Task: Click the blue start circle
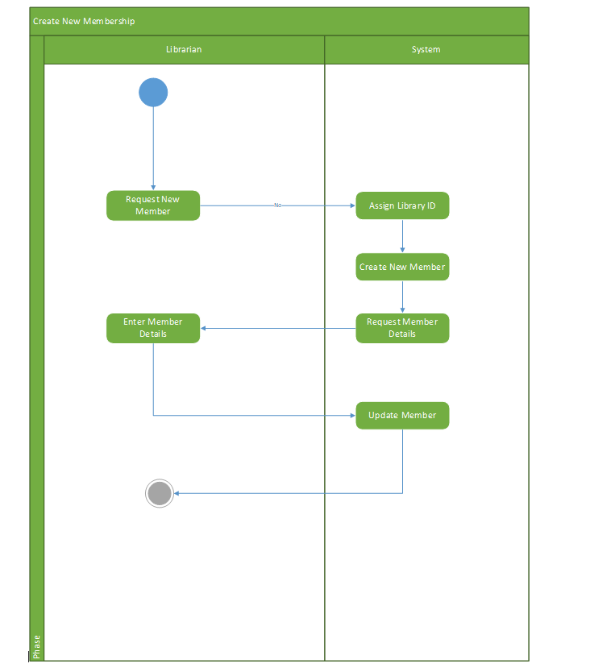pyautogui.click(x=153, y=93)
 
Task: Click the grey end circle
pyautogui.click(x=160, y=493)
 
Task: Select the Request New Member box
pyautogui.click(x=153, y=205)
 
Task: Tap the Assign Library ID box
pyautogui.click(x=402, y=205)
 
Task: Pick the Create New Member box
pyautogui.click(x=402, y=267)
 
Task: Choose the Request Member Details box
pyautogui.click(x=402, y=328)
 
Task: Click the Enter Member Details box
pyautogui.click(x=153, y=328)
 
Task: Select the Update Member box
pyautogui.click(x=402, y=416)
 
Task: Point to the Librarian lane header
pyautogui.click(x=184, y=49)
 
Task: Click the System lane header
pyautogui.click(x=426, y=49)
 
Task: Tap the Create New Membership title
pyautogui.click(x=84, y=21)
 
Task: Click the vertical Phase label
pyautogui.click(x=36, y=645)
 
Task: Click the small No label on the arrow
pyautogui.click(x=277, y=205)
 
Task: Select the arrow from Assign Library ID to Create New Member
pyautogui.click(x=402, y=236)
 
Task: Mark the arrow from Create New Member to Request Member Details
pyautogui.click(x=402, y=297)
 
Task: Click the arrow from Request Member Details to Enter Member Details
pyautogui.click(x=278, y=328)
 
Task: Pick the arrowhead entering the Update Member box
pyautogui.click(x=351, y=416)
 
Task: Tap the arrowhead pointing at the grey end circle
pyautogui.click(x=177, y=493)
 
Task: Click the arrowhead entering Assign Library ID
pyautogui.click(x=351, y=205)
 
